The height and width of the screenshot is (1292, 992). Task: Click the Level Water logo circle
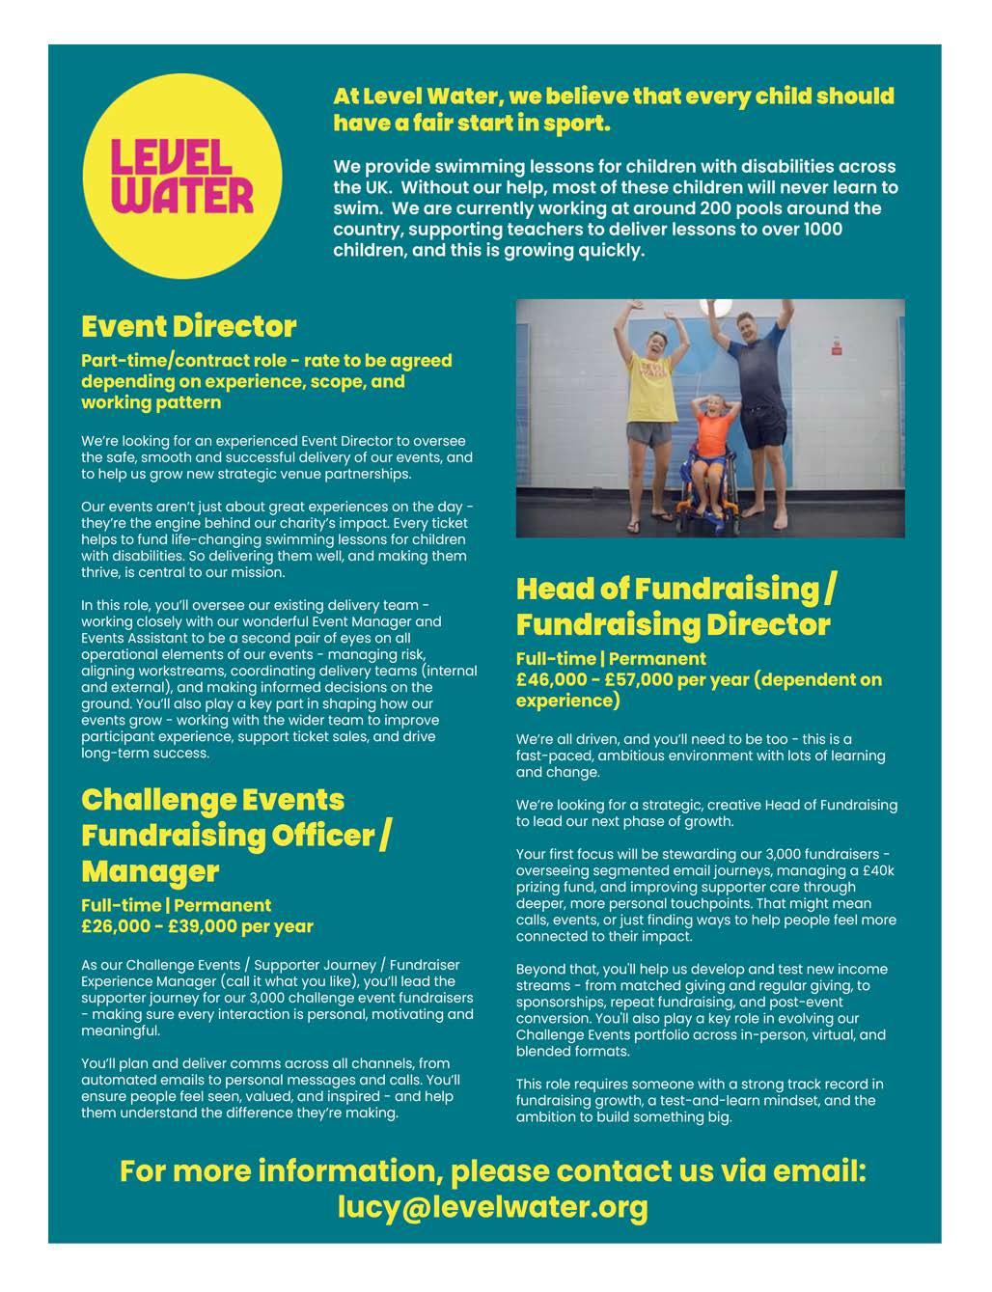182,177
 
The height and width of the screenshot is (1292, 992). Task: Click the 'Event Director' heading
188,326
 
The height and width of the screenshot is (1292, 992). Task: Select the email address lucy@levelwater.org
492,1207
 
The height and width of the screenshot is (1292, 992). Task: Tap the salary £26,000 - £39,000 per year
197,926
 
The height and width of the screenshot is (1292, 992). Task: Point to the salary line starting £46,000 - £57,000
699,679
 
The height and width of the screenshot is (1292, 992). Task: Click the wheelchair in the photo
709,487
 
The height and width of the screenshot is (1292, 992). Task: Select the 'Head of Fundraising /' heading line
675,589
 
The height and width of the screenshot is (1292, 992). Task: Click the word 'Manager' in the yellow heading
150,871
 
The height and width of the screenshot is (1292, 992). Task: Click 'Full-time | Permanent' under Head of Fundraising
611,659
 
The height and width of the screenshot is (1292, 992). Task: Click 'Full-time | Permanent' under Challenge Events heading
176,905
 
